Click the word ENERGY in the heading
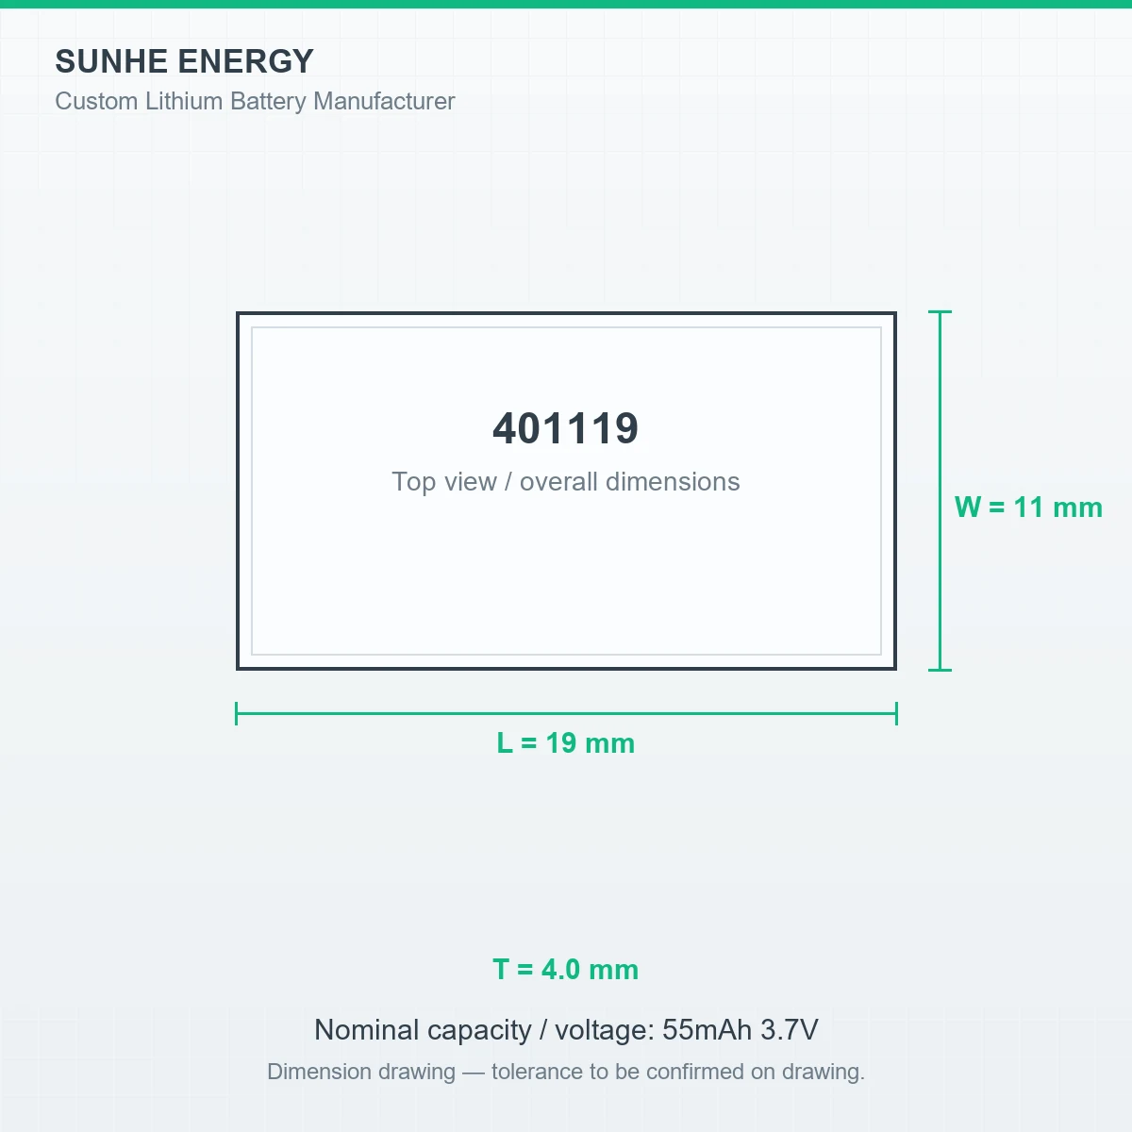(245, 61)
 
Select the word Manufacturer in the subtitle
(384, 101)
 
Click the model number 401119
(566, 428)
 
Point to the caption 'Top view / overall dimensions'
(566, 482)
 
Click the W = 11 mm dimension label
(1028, 507)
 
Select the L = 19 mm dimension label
(566, 743)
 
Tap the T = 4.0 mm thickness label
(566, 970)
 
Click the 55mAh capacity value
(707, 1030)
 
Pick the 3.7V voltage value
(790, 1030)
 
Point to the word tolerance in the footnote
(537, 1072)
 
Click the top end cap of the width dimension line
(940, 311)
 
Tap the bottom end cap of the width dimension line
(940, 670)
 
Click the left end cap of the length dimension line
(236, 714)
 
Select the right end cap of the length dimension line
(896, 714)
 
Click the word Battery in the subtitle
(269, 101)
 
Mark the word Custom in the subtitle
(96, 101)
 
